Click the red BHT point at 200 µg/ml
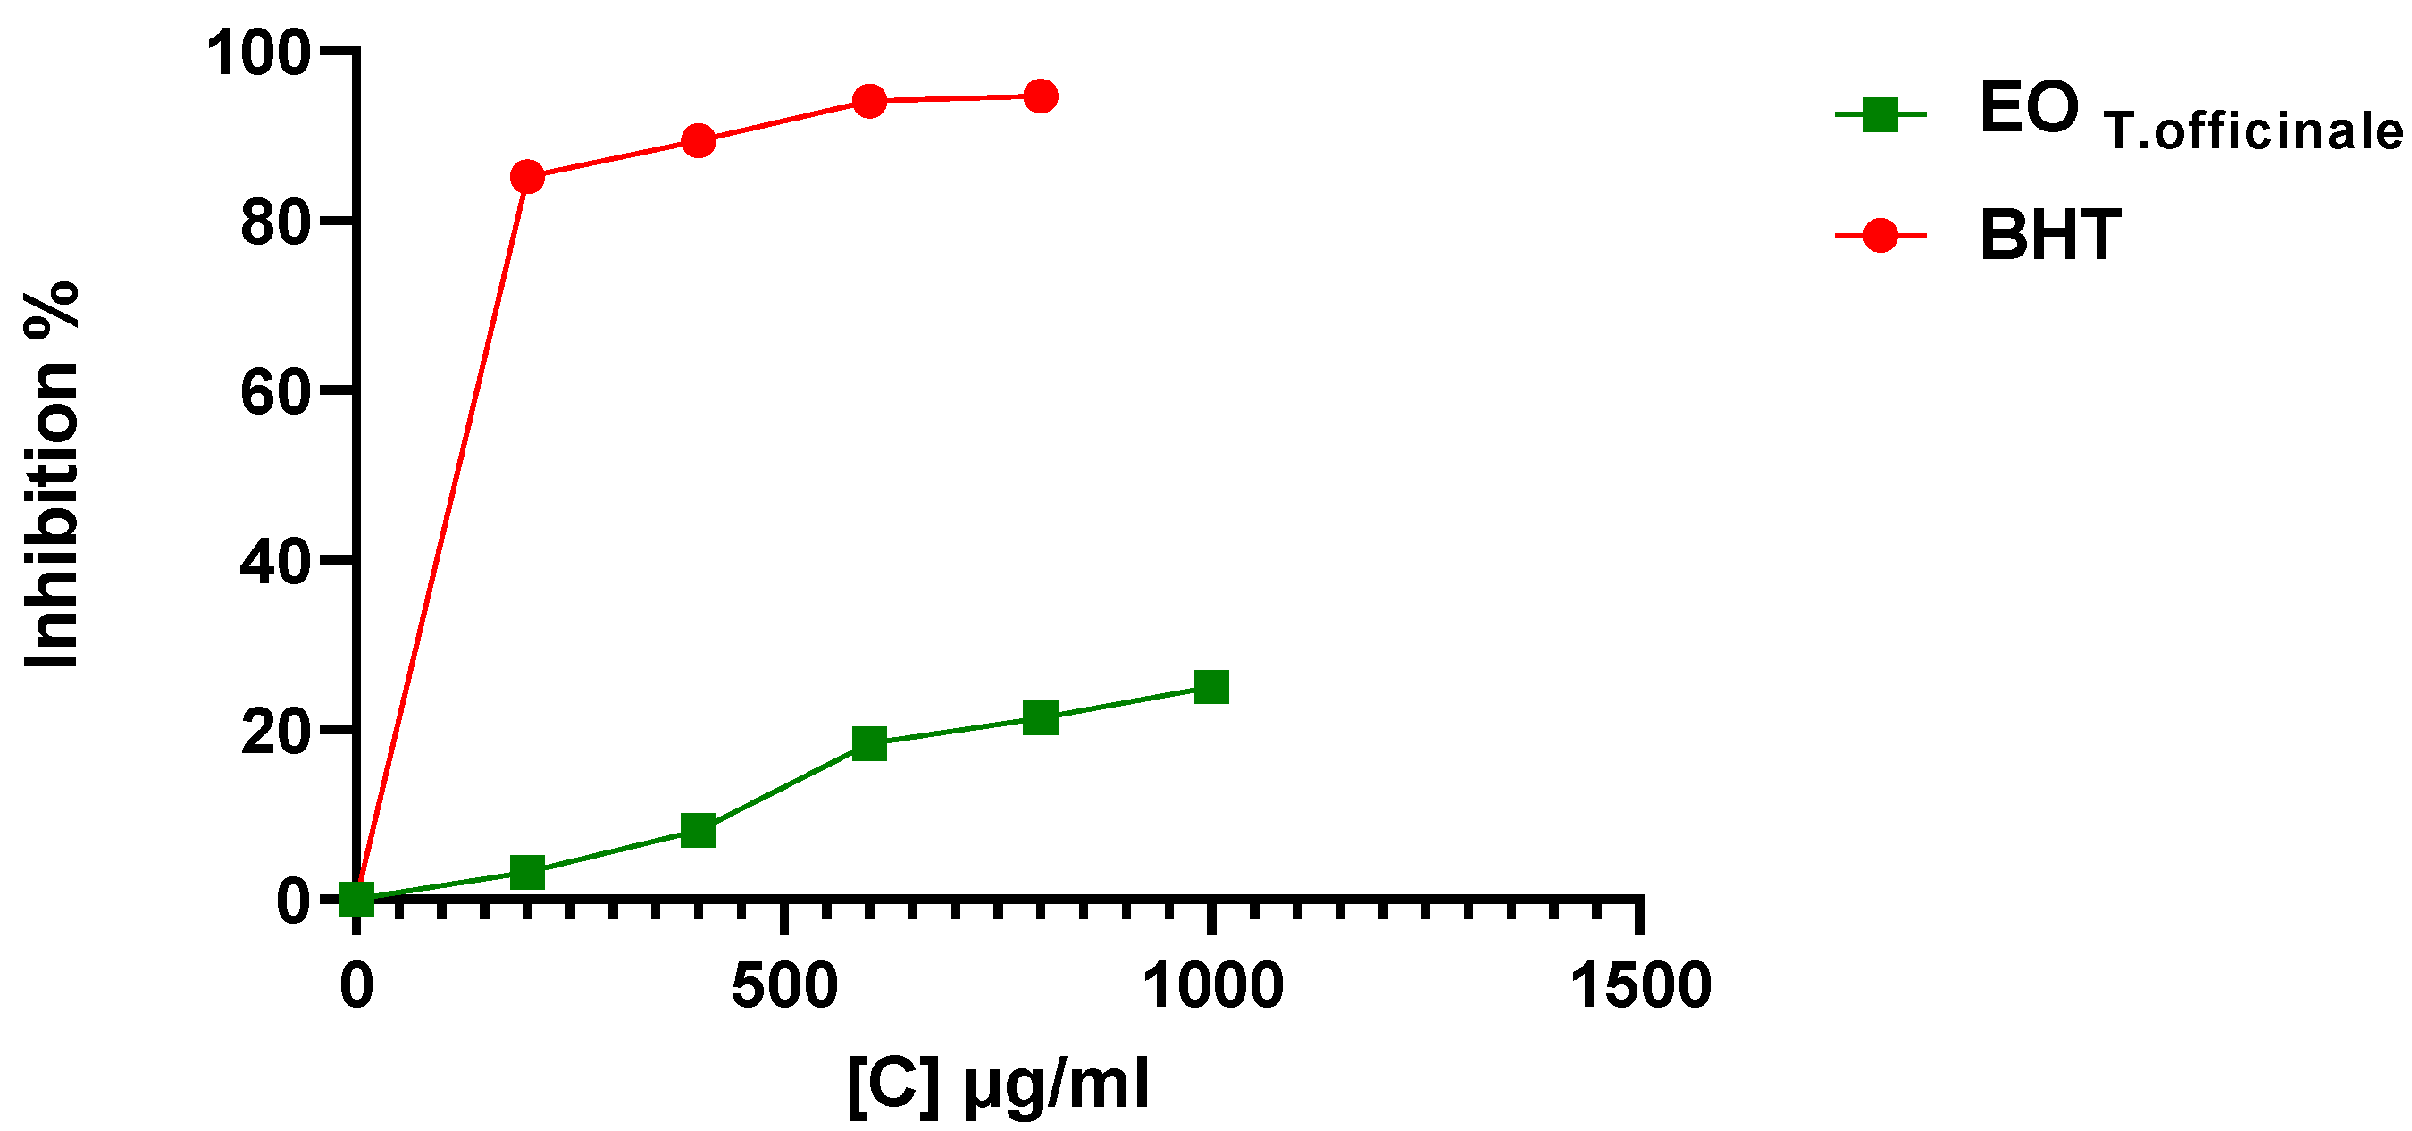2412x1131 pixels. point(527,176)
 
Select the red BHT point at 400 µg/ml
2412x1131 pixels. point(699,141)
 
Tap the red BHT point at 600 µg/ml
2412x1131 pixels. point(870,100)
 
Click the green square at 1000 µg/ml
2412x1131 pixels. point(1211,687)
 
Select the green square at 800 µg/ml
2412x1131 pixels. point(1040,718)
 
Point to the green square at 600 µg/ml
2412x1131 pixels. point(870,743)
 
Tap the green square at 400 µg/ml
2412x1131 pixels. point(699,830)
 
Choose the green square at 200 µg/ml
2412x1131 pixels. point(527,872)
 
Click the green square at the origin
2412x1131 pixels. point(356,899)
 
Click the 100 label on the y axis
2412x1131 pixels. point(258,53)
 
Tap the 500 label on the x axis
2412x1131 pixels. point(783,986)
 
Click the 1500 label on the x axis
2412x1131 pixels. point(1639,986)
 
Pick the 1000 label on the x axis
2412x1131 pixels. point(1212,986)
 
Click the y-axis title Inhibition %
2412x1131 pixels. point(53,474)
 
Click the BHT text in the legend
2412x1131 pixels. point(2049,235)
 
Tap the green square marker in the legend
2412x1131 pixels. point(1880,115)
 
